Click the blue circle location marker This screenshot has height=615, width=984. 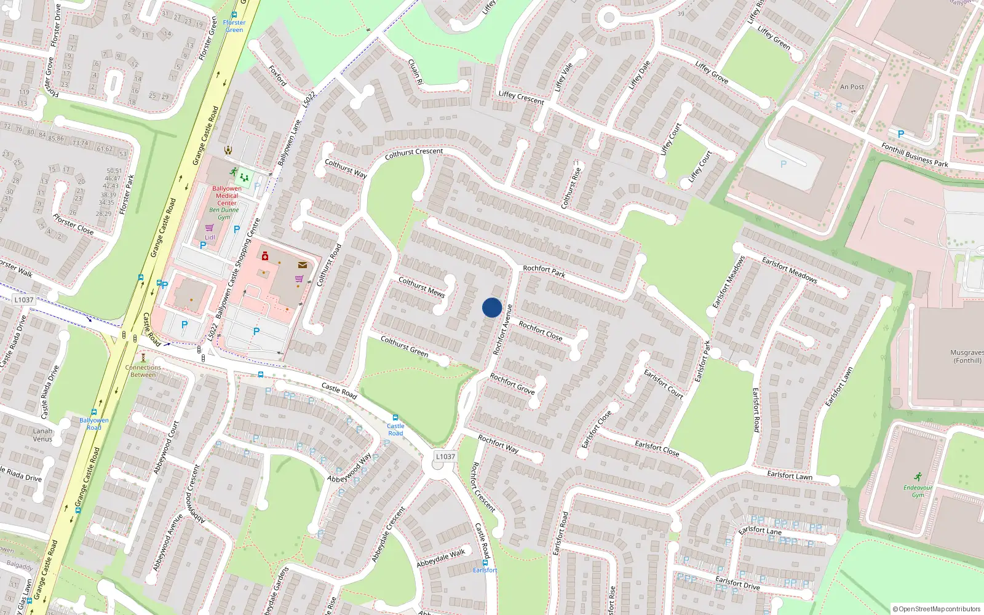[492, 307]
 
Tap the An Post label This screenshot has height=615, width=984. [852, 87]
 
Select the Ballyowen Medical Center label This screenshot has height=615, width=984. [227, 196]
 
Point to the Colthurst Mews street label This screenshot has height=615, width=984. [421, 287]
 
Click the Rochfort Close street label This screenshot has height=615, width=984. [540, 330]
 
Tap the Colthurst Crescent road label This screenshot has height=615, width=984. [413, 154]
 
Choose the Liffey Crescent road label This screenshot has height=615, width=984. [521, 97]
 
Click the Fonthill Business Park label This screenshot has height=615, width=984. [915, 155]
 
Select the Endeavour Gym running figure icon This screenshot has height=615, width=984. [918, 477]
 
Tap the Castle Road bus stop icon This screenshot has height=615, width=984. [395, 418]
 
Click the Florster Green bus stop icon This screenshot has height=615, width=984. [234, 15]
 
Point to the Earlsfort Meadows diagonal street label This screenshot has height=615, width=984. [790, 270]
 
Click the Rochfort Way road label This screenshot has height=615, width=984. [498, 444]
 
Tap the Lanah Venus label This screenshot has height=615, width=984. [42, 435]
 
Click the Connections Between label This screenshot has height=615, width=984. [143, 371]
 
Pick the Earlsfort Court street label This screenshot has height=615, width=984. [663, 384]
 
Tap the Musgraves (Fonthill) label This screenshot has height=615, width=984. [967, 357]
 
